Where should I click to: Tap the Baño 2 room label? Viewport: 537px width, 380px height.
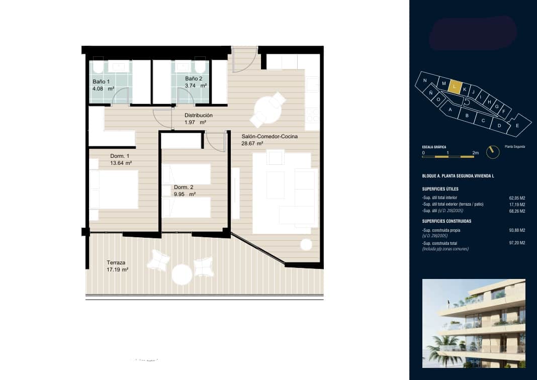tap(193, 79)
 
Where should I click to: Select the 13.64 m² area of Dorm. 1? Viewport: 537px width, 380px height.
tap(121, 163)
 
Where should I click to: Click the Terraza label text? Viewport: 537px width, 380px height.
tap(116, 262)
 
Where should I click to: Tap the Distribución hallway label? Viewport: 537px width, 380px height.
tap(198, 115)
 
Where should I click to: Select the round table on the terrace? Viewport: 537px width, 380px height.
tap(182, 274)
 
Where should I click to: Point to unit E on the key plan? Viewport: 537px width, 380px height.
tap(517, 126)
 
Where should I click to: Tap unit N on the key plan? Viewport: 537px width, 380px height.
tap(425, 80)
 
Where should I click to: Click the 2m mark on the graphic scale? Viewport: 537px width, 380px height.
tap(475, 152)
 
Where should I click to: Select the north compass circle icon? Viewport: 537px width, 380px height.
tap(493, 152)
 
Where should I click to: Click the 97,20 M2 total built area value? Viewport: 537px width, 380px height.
tap(517, 243)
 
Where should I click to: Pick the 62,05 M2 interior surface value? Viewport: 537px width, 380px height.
tap(517, 198)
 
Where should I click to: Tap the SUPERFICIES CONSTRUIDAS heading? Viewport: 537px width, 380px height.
tap(447, 221)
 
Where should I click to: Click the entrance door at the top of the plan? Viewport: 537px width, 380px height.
tap(245, 58)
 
